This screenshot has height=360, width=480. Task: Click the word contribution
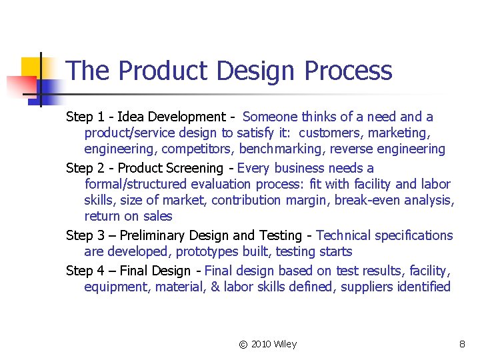247,200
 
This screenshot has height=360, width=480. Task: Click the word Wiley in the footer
285,344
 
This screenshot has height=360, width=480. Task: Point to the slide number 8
462,344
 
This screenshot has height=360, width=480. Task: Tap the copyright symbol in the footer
243,344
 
